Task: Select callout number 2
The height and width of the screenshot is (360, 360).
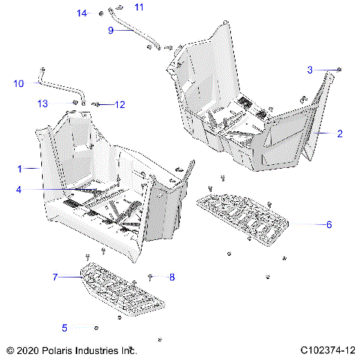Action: (340, 134)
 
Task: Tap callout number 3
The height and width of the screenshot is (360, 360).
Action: (310, 70)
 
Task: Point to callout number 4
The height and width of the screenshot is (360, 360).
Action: (19, 190)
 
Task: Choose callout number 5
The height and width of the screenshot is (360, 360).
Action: (64, 327)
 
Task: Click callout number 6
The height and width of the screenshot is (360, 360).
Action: (328, 224)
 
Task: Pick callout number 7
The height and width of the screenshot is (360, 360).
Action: (55, 277)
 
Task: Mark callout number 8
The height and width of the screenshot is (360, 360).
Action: (172, 277)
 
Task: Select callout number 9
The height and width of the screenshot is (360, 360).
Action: (111, 31)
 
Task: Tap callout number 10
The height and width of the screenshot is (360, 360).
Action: (19, 83)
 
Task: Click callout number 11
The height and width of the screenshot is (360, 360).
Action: (138, 7)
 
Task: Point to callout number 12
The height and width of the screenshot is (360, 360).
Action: (120, 104)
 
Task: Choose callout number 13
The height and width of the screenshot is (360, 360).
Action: (43, 103)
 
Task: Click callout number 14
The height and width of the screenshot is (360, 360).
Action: (82, 13)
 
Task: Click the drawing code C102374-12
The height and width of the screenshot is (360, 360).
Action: (327, 350)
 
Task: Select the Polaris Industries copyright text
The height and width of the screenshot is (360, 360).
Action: (71, 350)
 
